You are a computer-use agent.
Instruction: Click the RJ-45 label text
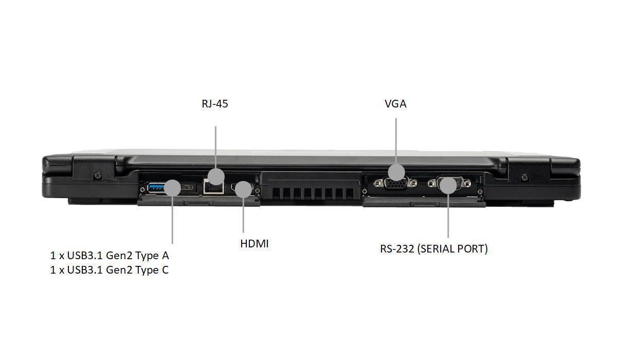point(215,104)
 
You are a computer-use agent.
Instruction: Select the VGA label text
point(395,104)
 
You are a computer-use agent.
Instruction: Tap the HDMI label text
point(254,244)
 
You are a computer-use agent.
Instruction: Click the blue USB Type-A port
point(156,188)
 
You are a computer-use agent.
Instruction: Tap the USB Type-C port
point(187,188)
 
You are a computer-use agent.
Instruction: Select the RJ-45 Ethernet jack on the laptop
point(213,187)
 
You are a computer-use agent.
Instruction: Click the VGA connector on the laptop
point(396,184)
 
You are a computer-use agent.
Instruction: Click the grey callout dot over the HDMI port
point(244,189)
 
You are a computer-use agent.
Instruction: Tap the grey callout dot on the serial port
point(448,185)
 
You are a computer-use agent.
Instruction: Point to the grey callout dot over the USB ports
point(172,188)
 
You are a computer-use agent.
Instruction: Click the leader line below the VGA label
point(396,141)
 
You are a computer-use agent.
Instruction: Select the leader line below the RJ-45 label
point(215,148)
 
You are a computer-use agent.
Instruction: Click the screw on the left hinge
point(98,175)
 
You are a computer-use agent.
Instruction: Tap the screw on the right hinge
point(525,177)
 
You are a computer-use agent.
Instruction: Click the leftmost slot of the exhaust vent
point(276,193)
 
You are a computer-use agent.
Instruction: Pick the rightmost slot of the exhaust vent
point(350,193)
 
